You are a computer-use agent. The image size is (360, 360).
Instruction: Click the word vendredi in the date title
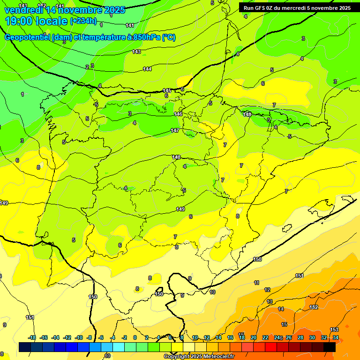coord(23,10)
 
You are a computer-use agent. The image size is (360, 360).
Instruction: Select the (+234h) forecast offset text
coord(83,21)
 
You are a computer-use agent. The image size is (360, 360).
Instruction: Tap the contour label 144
coord(147,69)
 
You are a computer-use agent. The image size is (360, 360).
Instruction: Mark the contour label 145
coord(167,90)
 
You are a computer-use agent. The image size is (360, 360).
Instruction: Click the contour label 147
coord(175,130)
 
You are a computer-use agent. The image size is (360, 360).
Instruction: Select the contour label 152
coord(314,307)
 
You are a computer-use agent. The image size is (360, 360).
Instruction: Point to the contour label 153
coord(334,330)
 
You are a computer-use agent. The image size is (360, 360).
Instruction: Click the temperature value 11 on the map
coord(256,283)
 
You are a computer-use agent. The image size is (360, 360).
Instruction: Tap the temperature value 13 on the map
coord(270,301)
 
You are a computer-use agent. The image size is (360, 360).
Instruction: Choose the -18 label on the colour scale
coord(32,337)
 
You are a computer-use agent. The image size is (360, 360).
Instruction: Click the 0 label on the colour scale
coord(135,337)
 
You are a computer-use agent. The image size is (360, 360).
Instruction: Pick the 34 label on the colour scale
coord(335,337)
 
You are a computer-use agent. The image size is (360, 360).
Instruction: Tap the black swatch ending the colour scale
coord(329,347)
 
